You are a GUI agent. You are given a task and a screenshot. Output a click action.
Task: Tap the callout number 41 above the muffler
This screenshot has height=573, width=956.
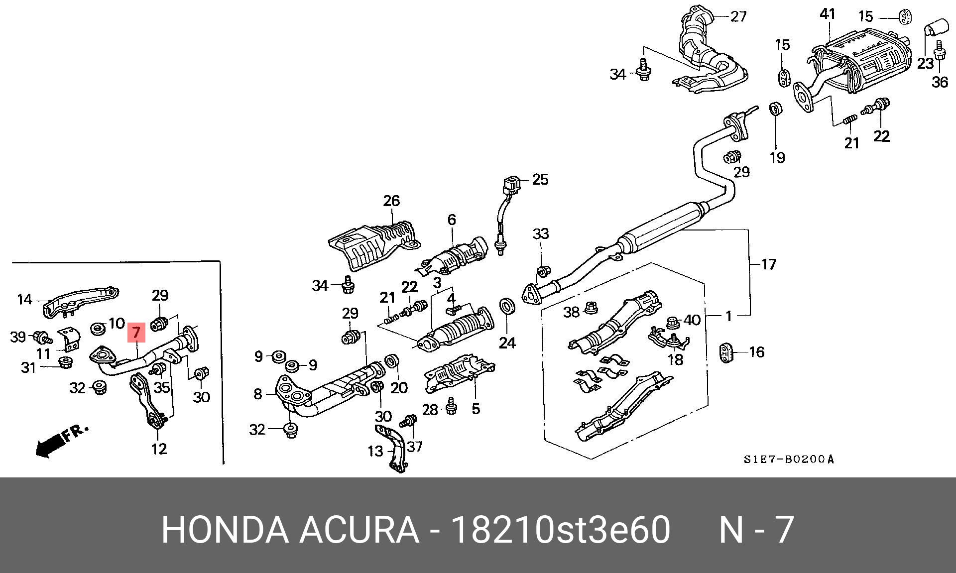pos(827,14)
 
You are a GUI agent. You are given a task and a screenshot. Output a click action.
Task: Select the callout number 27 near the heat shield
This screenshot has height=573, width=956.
pos(738,16)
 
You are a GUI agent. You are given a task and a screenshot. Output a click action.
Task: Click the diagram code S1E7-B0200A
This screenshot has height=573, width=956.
pos(788,459)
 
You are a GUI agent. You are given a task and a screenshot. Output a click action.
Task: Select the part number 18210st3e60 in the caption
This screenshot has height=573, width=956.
pos(560,530)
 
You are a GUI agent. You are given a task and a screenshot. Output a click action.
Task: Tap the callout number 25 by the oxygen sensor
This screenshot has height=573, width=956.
pos(540,179)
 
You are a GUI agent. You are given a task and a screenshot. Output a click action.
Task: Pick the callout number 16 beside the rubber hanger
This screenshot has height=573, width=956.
pos(756,352)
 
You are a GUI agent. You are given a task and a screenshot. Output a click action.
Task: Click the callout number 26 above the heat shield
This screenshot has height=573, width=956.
pos(391,201)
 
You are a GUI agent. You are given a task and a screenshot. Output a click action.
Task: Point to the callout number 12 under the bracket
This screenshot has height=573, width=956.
pos(159,449)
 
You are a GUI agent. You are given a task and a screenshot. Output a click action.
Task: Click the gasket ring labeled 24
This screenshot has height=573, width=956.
pos(507,307)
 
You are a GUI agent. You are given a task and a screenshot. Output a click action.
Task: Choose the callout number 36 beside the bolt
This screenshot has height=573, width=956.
pos(940,82)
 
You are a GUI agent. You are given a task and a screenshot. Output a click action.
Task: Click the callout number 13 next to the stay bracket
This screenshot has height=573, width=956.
pos(375,451)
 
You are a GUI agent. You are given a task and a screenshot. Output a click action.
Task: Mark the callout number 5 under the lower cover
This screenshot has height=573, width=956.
pos(476,409)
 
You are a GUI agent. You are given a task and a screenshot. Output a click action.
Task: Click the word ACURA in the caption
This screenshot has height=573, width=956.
pos(359,530)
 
